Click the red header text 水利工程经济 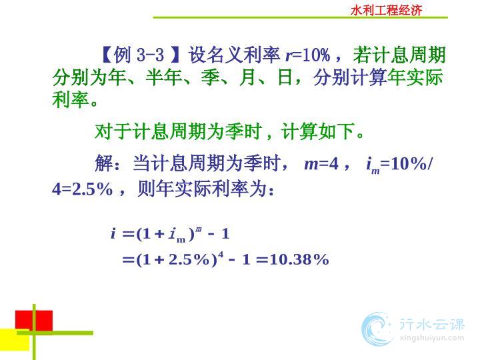click(x=386, y=11)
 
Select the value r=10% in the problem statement click(x=308, y=55)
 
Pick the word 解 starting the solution click(x=104, y=163)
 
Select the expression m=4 click(x=321, y=164)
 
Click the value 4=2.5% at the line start click(x=83, y=189)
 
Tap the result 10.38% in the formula click(x=300, y=259)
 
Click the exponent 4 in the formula click(x=221, y=254)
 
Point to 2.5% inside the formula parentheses click(x=189, y=259)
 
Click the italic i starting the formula click(x=113, y=234)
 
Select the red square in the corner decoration click(x=34, y=321)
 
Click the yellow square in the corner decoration click(x=15, y=340)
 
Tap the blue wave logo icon click(x=377, y=329)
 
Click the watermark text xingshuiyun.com click(x=432, y=338)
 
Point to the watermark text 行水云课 click(x=432, y=324)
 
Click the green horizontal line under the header click(x=300, y=17)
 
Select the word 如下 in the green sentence click(x=336, y=131)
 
